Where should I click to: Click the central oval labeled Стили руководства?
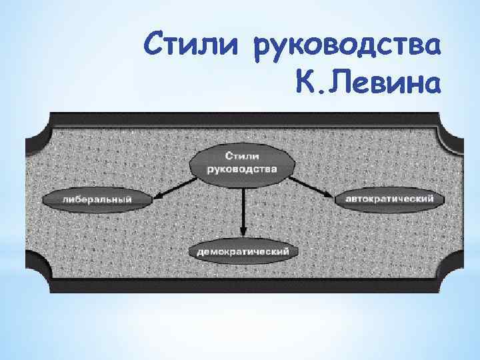coord(243,163)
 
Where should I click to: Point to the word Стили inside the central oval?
coord(243,156)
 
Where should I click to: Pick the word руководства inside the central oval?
coord(243,169)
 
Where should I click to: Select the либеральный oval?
coord(97,198)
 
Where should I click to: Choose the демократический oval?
coord(243,251)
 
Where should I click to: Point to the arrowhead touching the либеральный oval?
coord(157,196)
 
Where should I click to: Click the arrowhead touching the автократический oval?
coord(329,194)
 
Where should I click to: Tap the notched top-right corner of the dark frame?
coord(449,127)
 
